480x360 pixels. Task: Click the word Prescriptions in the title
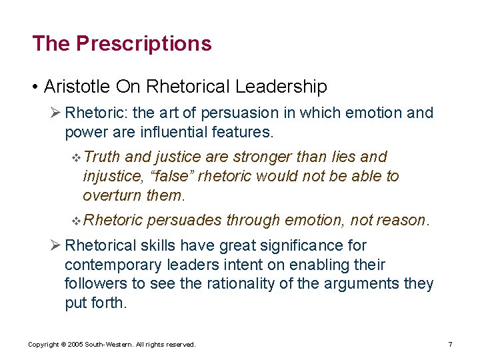(143, 44)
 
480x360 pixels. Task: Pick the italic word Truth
(102, 157)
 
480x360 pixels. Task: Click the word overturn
(111, 195)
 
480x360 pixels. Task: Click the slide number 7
(450, 345)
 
